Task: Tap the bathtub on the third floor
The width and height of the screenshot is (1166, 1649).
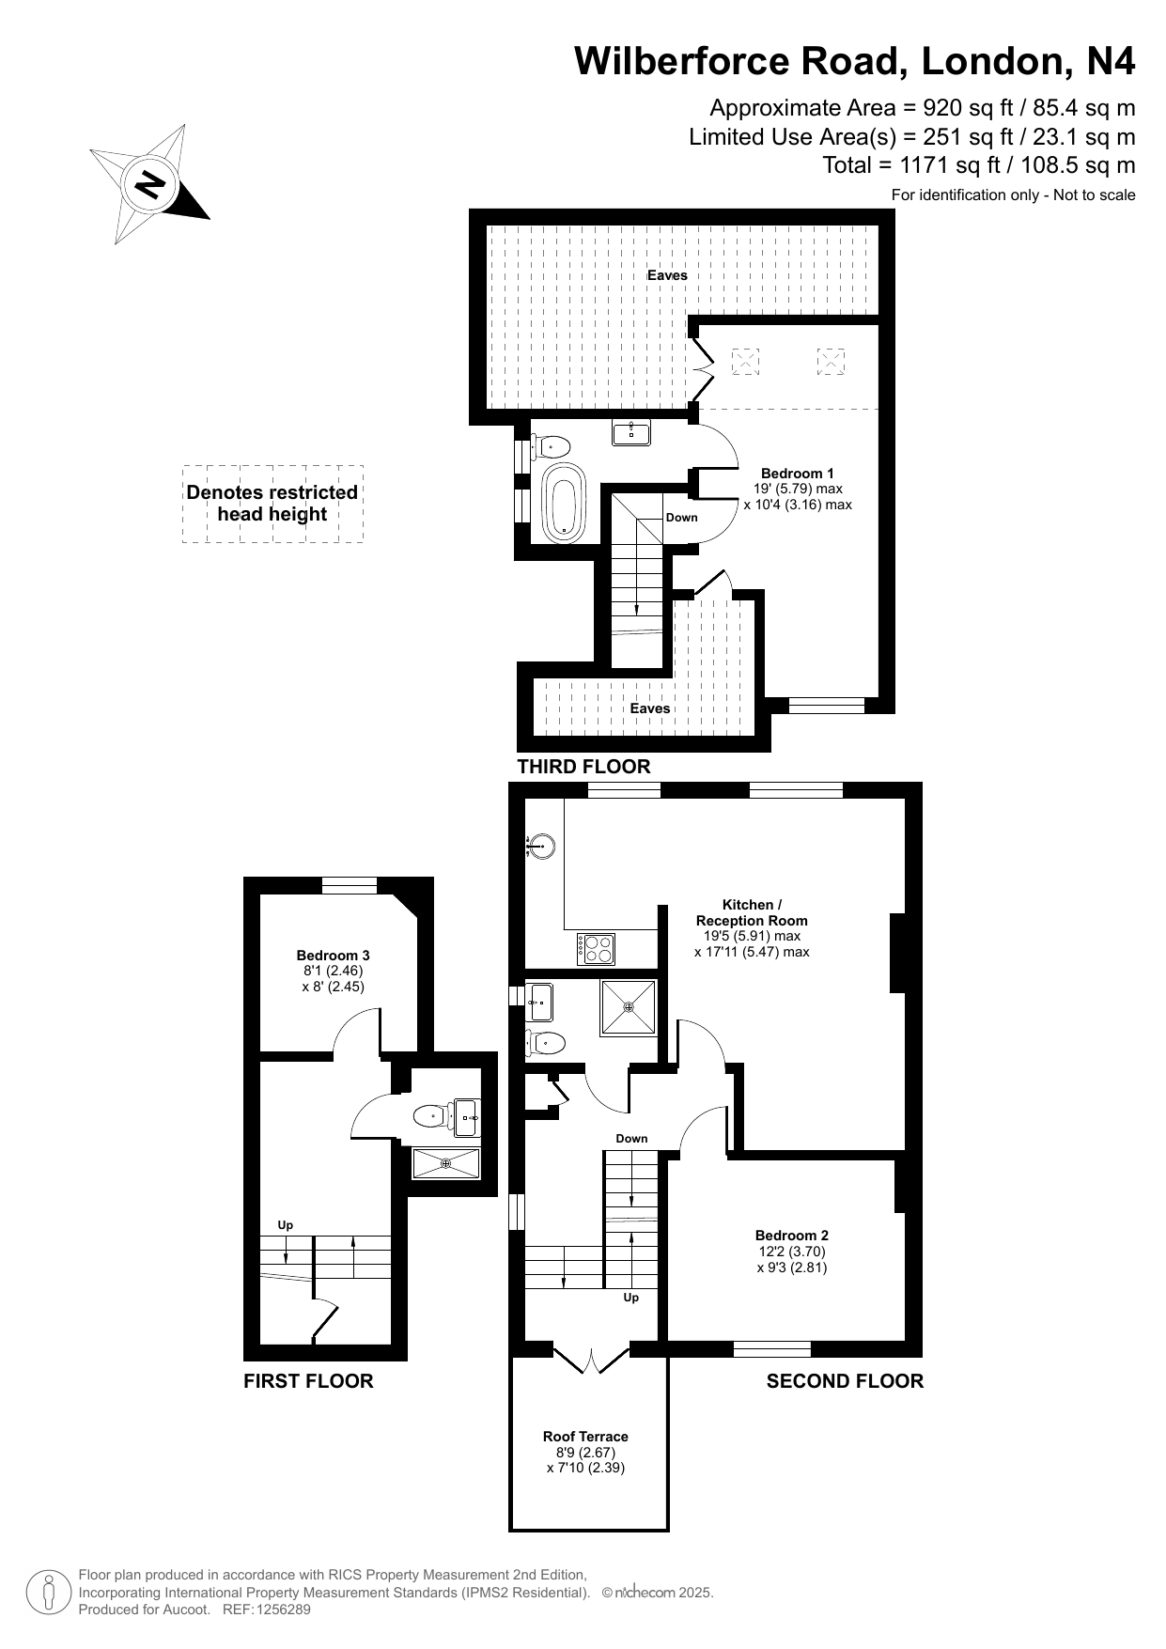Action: (564, 501)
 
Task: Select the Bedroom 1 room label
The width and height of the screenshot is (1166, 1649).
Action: (797, 474)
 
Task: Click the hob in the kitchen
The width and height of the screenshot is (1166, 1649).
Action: (597, 948)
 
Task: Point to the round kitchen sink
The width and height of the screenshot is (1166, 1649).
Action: (540, 847)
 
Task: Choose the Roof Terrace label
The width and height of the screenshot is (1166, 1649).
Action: (585, 1436)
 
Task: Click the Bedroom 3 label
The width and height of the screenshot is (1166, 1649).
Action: (333, 956)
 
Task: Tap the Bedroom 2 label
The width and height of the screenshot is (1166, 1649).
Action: (792, 1236)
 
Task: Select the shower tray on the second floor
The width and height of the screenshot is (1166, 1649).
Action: (629, 1006)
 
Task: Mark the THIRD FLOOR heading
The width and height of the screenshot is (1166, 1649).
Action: (583, 767)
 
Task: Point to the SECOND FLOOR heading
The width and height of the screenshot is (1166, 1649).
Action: (845, 1381)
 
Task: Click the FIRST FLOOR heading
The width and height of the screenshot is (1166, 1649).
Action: (308, 1381)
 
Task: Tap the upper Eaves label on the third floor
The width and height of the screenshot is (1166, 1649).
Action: (667, 275)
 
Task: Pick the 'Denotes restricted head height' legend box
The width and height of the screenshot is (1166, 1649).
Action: (272, 504)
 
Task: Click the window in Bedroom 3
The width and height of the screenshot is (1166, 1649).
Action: (350, 885)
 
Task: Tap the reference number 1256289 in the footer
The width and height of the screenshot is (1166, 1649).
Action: (278, 1610)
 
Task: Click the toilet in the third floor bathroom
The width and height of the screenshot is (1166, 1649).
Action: (551, 445)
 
